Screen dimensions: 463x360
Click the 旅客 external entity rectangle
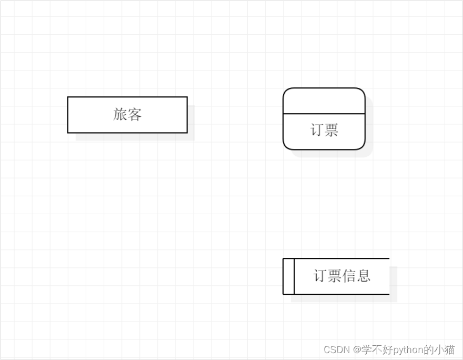tap(127, 115)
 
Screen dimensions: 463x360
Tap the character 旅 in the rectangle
tap(120, 114)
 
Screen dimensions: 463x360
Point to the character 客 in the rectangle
tap(135, 114)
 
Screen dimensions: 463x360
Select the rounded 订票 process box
tap(324, 119)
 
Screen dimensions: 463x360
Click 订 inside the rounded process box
tap(317, 131)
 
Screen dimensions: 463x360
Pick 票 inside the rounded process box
tap(331, 131)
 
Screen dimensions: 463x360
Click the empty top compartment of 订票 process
tap(324, 101)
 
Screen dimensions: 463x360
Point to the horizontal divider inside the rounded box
tap(324, 114)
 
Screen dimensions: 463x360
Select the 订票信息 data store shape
tap(337, 276)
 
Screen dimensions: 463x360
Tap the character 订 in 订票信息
tap(320, 276)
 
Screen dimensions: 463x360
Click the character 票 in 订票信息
tap(335, 276)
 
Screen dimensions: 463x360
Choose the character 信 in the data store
tap(349, 276)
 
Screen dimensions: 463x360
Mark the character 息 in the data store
tap(364, 276)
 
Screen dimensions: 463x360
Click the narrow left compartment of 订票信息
tap(288, 276)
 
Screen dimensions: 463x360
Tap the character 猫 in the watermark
tap(450, 349)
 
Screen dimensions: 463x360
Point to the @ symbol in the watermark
tap(356, 349)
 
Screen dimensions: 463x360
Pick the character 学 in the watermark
tap(365, 349)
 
